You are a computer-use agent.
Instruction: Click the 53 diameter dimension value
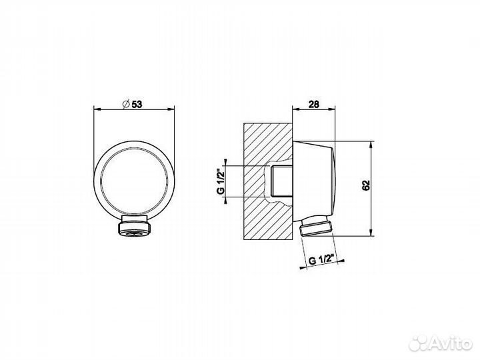click(x=137, y=105)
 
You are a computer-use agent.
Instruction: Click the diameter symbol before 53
click(x=126, y=105)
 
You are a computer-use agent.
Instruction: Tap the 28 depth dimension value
click(x=314, y=105)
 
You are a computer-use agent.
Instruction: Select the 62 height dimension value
click(x=366, y=185)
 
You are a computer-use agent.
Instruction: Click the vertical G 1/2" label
click(x=221, y=181)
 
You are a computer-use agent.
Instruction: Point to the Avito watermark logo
click(x=440, y=343)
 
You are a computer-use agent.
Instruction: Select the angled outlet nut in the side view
click(x=315, y=227)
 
